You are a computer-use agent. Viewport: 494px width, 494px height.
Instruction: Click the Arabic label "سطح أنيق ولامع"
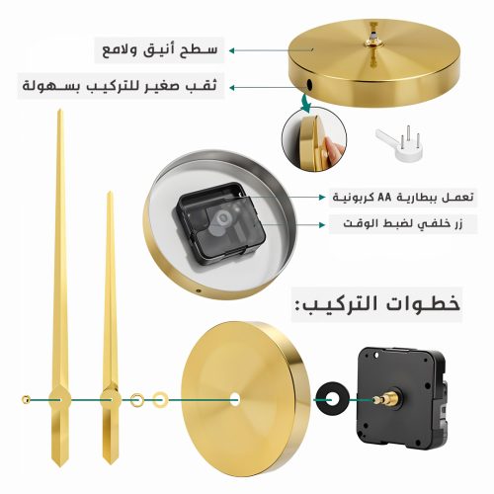(x=160, y=50)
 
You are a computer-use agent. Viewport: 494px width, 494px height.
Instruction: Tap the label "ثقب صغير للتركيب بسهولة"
(x=120, y=86)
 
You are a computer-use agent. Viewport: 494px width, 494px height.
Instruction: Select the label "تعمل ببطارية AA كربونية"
(x=403, y=198)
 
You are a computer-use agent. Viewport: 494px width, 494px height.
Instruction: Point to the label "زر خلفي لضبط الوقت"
(x=403, y=224)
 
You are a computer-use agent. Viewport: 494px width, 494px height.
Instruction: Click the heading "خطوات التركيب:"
(x=377, y=304)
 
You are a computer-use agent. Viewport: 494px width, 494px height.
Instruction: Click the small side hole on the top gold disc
(x=309, y=84)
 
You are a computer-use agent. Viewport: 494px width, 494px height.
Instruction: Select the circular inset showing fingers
(x=314, y=138)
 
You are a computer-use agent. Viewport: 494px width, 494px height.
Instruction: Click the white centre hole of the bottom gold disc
(x=235, y=399)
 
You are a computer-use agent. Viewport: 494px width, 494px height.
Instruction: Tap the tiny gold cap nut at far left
(x=26, y=399)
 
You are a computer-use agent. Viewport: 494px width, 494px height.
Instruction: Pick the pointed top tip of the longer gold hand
(x=59, y=110)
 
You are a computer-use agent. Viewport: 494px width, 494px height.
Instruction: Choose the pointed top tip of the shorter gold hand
(x=110, y=192)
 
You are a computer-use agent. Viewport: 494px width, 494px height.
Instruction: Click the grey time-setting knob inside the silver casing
(x=225, y=218)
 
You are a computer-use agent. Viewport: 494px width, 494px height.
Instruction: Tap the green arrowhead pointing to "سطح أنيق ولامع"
(x=232, y=50)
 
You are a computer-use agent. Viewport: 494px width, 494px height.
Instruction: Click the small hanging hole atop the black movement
(x=377, y=355)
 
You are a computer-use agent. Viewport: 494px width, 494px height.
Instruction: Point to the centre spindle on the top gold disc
(x=373, y=39)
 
